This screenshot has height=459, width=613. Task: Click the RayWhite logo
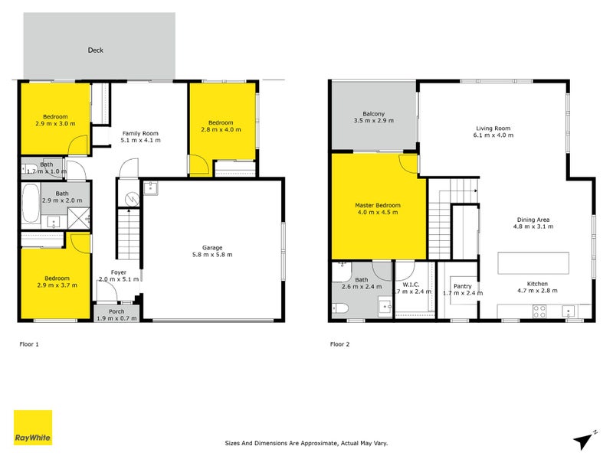pyautogui.click(x=33, y=428)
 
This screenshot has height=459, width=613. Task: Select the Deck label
pyautogui.click(x=94, y=50)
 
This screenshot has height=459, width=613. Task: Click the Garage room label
pyautogui.click(x=212, y=248)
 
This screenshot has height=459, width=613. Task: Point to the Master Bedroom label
pyautogui.click(x=378, y=206)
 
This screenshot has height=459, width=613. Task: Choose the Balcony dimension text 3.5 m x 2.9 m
pyautogui.click(x=373, y=121)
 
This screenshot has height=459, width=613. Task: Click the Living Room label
pyautogui.click(x=493, y=129)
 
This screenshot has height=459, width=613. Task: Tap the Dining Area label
pyautogui.click(x=533, y=220)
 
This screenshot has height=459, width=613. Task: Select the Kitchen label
pyautogui.click(x=537, y=283)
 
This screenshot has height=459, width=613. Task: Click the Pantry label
pyautogui.click(x=462, y=286)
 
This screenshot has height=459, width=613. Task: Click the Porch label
pyautogui.click(x=116, y=311)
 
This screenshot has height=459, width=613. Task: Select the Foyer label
pyautogui.click(x=118, y=272)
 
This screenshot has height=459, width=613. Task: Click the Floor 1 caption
pyautogui.click(x=29, y=344)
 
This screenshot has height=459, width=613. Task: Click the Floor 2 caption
pyautogui.click(x=339, y=344)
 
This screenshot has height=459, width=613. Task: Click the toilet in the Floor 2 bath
pyautogui.click(x=341, y=309)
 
